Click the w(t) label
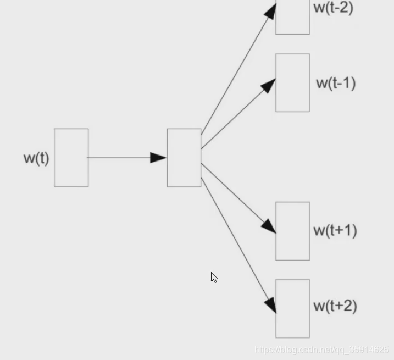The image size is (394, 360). click(36, 158)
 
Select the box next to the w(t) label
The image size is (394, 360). click(71, 158)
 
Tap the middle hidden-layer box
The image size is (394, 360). click(184, 158)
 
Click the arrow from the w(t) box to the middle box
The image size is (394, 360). click(121, 158)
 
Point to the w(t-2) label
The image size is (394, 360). click(333, 8)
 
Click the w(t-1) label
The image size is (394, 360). click(335, 83)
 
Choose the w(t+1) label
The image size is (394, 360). click(335, 230)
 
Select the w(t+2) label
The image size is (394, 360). click(335, 306)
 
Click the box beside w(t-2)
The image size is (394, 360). click(292, 18)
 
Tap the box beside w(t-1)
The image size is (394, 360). click(292, 82)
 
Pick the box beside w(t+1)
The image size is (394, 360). click(292, 231)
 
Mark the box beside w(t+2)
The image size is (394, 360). click(292, 308)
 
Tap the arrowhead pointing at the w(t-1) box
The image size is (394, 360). click(269, 85)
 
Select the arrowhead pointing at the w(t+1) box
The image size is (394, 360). click(269, 226)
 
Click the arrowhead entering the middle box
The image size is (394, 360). click(159, 158)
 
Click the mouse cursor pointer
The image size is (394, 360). click(214, 277)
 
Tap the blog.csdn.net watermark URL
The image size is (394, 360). click(322, 350)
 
